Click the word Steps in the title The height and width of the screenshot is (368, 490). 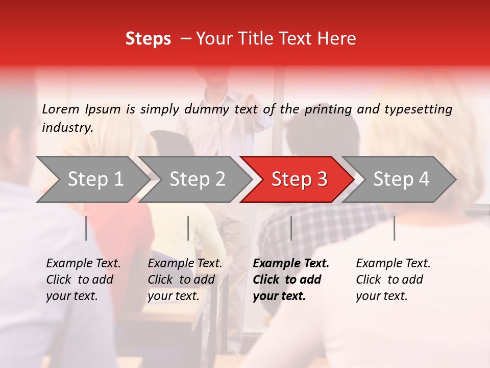(x=148, y=39)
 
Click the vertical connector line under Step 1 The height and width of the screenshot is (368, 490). (x=86, y=228)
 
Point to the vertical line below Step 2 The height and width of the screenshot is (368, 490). (x=188, y=228)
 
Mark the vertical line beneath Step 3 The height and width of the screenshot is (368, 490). (x=291, y=228)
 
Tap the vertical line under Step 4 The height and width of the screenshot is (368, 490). (x=394, y=228)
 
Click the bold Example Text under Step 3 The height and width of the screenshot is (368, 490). (x=291, y=264)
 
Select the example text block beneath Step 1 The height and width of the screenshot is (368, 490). (x=83, y=280)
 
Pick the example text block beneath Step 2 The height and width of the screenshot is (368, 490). (x=185, y=280)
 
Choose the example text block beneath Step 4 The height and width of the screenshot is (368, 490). (x=393, y=280)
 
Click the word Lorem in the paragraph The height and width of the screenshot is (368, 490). (x=61, y=109)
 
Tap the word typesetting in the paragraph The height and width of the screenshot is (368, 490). (x=418, y=109)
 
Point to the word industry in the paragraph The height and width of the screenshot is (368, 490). (x=67, y=128)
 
